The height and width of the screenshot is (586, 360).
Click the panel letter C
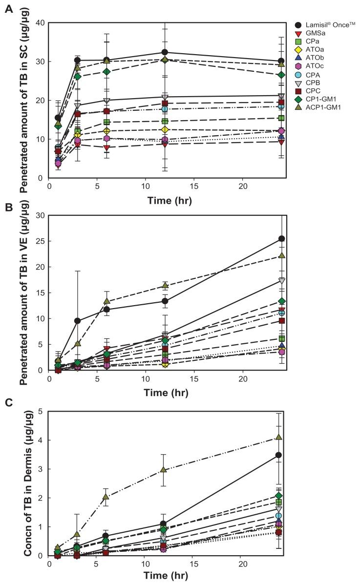click(x=8, y=402)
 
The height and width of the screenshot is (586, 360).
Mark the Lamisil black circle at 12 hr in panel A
click(x=165, y=52)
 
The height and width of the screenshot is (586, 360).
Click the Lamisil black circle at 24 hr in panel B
click(x=281, y=239)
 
